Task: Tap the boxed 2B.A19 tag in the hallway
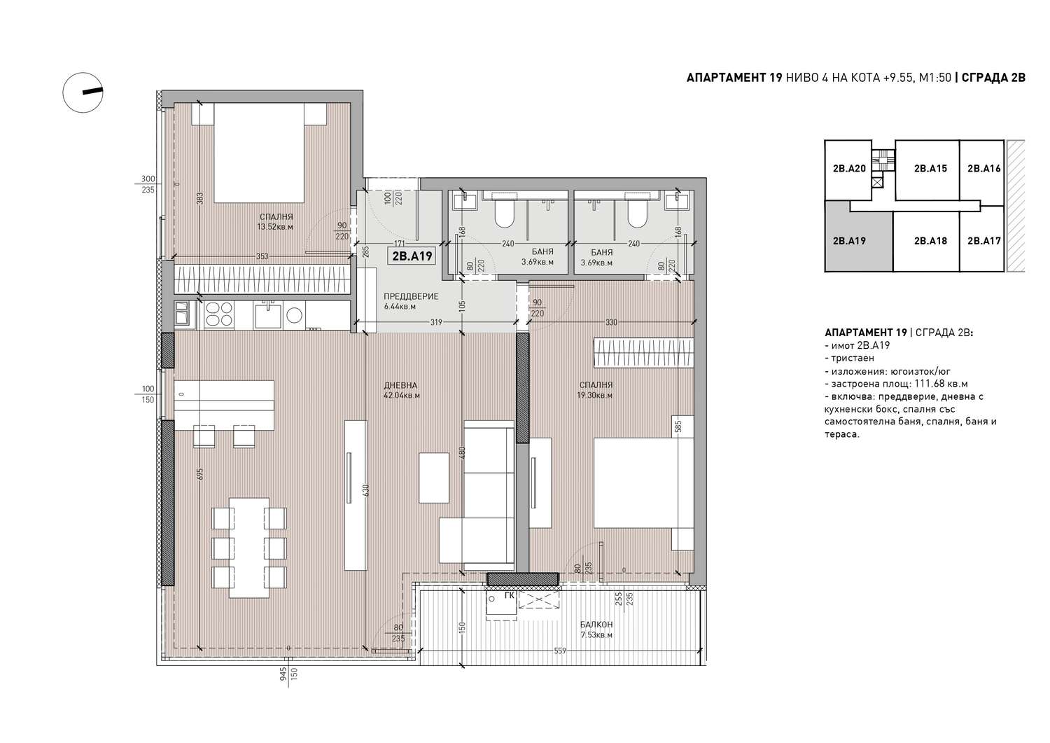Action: pos(412,256)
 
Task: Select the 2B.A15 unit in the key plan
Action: pos(930,168)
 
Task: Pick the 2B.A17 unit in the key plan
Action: pos(983,241)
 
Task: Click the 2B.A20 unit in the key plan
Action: pos(849,168)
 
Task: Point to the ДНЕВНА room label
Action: pos(400,385)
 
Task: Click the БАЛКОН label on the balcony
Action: pos(596,625)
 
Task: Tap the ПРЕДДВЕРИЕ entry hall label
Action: pos(411,296)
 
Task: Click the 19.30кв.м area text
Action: pos(595,395)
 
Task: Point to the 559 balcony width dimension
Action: pos(560,651)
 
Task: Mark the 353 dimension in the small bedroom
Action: pos(262,256)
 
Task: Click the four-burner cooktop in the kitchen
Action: pos(219,314)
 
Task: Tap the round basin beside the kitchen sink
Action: pos(295,315)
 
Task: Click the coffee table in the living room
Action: pos(435,478)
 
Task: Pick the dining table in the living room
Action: pos(249,548)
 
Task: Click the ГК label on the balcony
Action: pos(509,596)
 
